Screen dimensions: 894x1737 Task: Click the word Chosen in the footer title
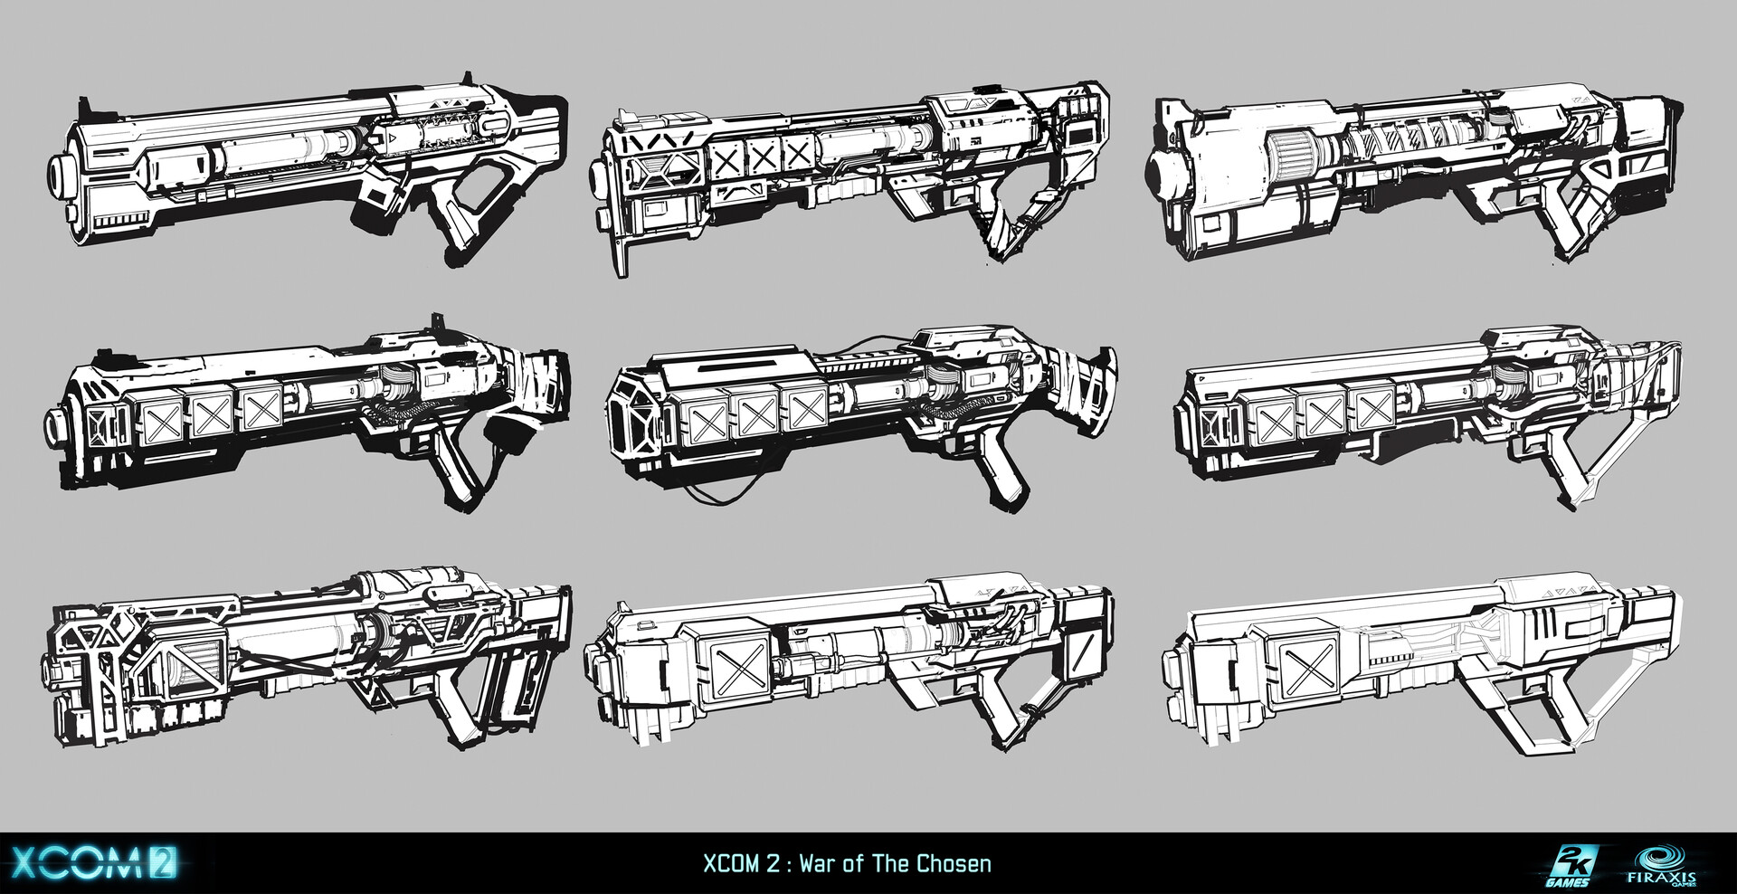tap(954, 863)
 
